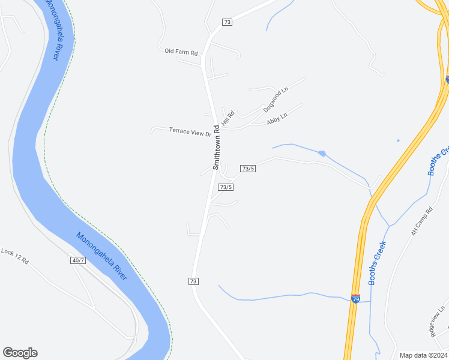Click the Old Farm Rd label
click(x=181, y=52)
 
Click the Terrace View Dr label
click(x=190, y=131)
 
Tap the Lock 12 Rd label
click(x=14, y=256)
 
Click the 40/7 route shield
click(x=77, y=260)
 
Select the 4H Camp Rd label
click(x=422, y=221)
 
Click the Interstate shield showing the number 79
click(x=355, y=298)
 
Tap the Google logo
click(x=20, y=353)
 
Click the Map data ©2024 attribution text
click(x=423, y=355)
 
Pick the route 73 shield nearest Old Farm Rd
click(x=226, y=22)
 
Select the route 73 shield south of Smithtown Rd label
click(x=193, y=281)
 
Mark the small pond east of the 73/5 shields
click(x=322, y=154)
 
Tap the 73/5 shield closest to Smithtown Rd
click(x=226, y=187)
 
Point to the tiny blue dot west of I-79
click(x=398, y=141)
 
